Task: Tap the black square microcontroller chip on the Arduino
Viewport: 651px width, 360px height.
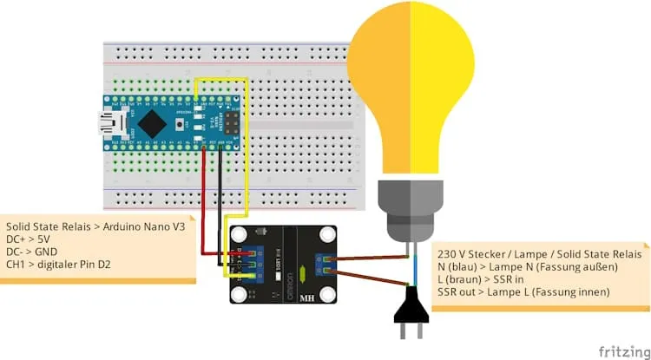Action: tap(153, 122)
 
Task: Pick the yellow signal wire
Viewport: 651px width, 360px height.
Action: tap(248, 156)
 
